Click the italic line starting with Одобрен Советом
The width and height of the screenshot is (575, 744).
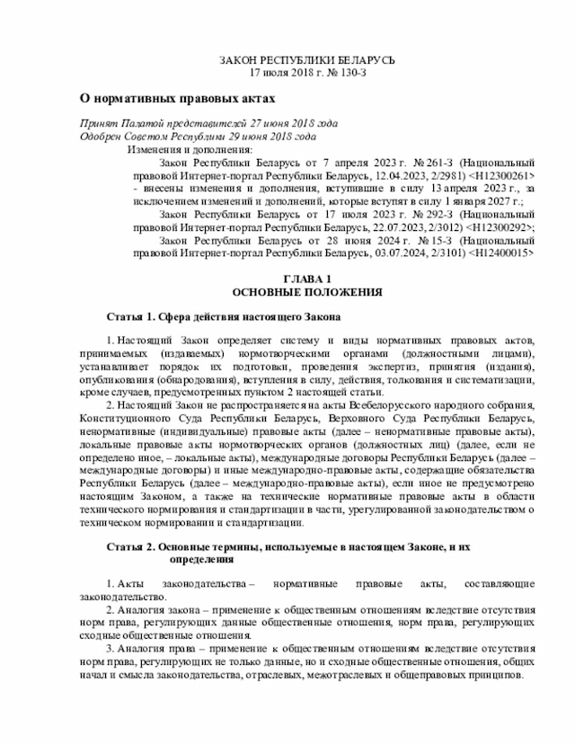(198, 136)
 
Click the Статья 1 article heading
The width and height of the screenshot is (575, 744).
(224, 318)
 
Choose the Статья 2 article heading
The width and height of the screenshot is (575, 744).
(287, 546)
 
